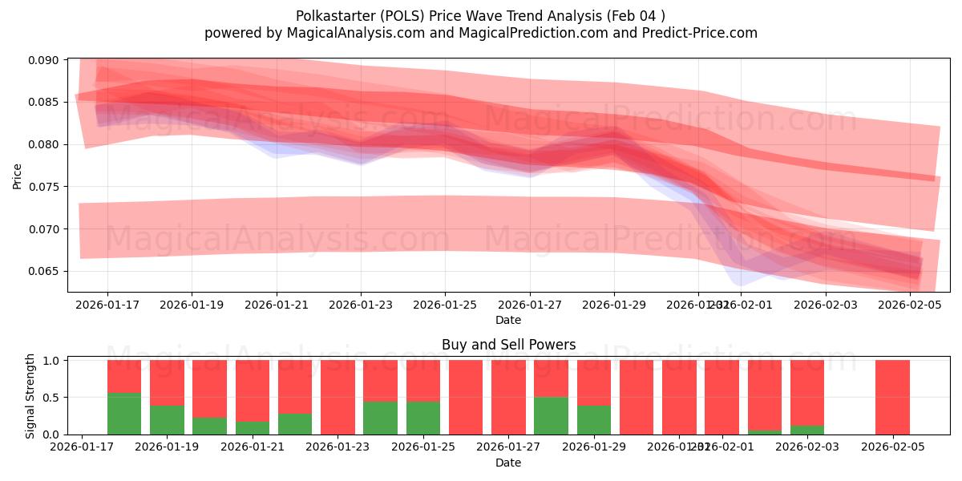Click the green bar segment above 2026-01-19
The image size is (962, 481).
point(167,419)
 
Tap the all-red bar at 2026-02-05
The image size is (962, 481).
point(892,397)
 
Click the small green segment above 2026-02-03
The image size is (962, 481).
point(806,430)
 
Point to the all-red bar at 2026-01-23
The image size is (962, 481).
point(338,397)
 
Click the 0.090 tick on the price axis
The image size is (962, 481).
point(45,60)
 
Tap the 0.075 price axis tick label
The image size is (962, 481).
point(45,187)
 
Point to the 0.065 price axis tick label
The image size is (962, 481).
point(45,271)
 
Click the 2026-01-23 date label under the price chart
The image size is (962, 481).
point(361,305)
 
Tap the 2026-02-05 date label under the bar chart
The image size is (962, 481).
point(892,447)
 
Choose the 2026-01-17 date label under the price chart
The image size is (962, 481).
point(107,305)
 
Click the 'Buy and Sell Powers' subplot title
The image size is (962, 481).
point(508,346)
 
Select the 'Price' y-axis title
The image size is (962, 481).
point(18,175)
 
